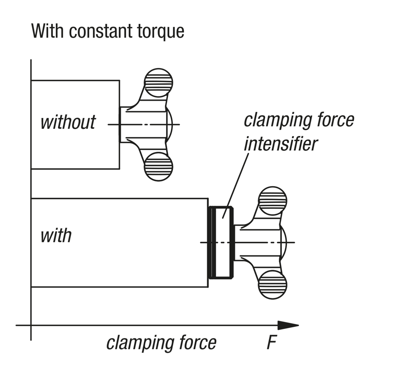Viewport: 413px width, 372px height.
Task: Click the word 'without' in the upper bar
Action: coord(68,122)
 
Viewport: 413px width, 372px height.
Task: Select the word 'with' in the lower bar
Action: coord(56,236)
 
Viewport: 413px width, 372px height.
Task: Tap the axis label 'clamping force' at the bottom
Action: coord(161,343)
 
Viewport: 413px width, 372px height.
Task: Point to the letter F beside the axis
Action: coord(272,343)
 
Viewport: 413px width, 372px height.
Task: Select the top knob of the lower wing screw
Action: coord(273,201)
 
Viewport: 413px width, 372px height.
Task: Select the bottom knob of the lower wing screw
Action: coord(273,285)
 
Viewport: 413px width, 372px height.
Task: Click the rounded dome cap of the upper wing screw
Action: coord(170,124)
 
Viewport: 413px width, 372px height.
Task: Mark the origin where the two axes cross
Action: coord(31,325)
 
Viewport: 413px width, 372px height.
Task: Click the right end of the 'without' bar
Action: coord(119,124)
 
